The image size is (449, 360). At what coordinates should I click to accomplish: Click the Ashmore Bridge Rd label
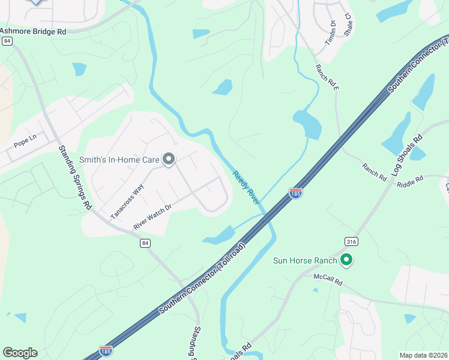[x=33, y=31]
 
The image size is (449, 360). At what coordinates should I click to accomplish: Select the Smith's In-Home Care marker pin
[x=169, y=160]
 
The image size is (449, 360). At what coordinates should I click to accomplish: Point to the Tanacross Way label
[x=127, y=202]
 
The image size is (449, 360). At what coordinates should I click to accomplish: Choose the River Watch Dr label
[x=152, y=216]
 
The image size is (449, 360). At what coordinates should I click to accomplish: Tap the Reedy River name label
[x=246, y=187]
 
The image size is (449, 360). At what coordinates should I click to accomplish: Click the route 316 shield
[x=352, y=241]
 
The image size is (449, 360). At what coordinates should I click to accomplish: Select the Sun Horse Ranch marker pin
[x=346, y=260]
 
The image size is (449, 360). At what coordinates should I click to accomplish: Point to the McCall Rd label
[x=328, y=279]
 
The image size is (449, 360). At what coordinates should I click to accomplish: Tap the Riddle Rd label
[x=410, y=179]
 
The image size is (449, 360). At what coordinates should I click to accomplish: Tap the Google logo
[x=20, y=353]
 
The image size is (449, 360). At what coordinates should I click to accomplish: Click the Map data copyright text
[x=424, y=355]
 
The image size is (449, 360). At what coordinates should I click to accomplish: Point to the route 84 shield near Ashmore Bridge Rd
[x=7, y=41]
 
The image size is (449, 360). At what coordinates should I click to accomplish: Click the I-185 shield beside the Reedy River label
[x=295, y=193]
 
